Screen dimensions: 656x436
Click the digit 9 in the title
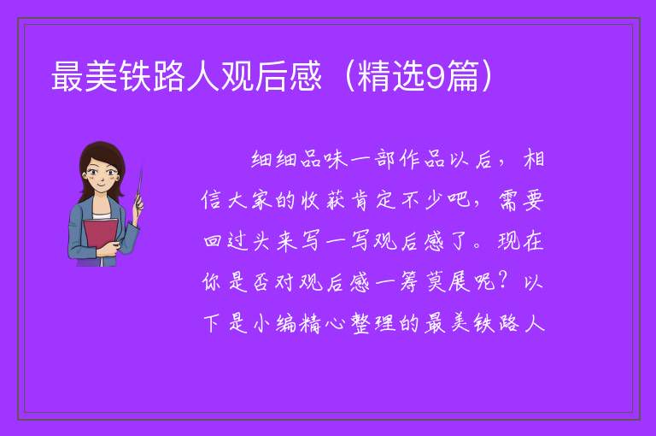(436, 77)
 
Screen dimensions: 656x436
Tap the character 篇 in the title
(462, 76)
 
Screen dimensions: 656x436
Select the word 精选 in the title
(391, 76)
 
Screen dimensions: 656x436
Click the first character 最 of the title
(67, 76)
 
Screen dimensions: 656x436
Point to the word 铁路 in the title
(152, 76)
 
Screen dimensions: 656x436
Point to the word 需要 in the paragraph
(521, 200)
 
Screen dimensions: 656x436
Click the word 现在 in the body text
(521, 241)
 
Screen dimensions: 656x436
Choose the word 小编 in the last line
(274, 323)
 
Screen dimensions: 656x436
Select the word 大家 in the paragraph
(249, 200)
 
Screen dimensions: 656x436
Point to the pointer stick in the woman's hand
(139, 187)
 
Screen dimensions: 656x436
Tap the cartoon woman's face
(102, 175)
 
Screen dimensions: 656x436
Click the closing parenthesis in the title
(487, 76)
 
